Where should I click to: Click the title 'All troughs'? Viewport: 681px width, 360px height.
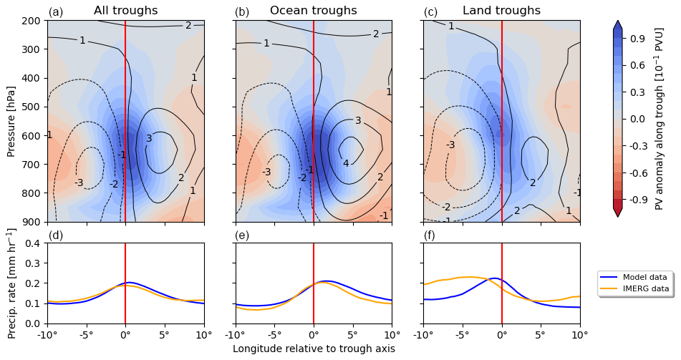pos(126,11)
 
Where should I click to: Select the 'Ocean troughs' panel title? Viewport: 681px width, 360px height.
pos(313,11)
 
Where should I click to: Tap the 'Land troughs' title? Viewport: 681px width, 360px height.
pos(501,11)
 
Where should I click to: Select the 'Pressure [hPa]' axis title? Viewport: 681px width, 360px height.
pos(11,121)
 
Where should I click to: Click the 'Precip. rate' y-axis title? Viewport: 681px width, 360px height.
pos(11,283)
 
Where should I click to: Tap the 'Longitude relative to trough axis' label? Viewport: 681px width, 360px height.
pos(314,349)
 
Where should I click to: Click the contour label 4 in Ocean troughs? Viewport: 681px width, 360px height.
pos(346,163)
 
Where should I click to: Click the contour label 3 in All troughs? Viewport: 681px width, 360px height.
pos(149,138)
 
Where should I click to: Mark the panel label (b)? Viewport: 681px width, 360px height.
pos(242,12)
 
